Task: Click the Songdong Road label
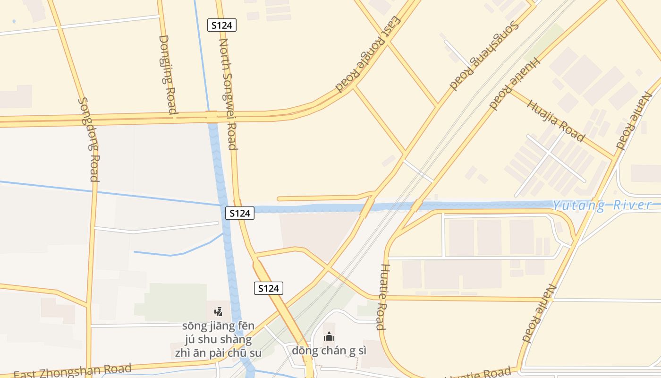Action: click(89, 139)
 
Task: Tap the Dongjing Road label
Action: click(168, 74)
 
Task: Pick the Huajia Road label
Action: click(556, 120)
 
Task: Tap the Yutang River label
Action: click(602, 206)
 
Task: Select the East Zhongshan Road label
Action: click(72, 370)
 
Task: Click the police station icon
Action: click(218, 311)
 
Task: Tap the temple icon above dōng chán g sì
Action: click(329, 336)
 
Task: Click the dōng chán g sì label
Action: click(329, 351)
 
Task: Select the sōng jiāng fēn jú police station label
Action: click(218, 339)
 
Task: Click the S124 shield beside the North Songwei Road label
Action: click(221, 26)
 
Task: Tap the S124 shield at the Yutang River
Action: click(239, 213)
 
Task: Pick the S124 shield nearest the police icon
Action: click(269, 288)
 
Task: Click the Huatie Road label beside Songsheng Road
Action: click(514, 83)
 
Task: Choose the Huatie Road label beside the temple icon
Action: click(382, 296)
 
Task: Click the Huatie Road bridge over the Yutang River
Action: click(416, 206)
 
